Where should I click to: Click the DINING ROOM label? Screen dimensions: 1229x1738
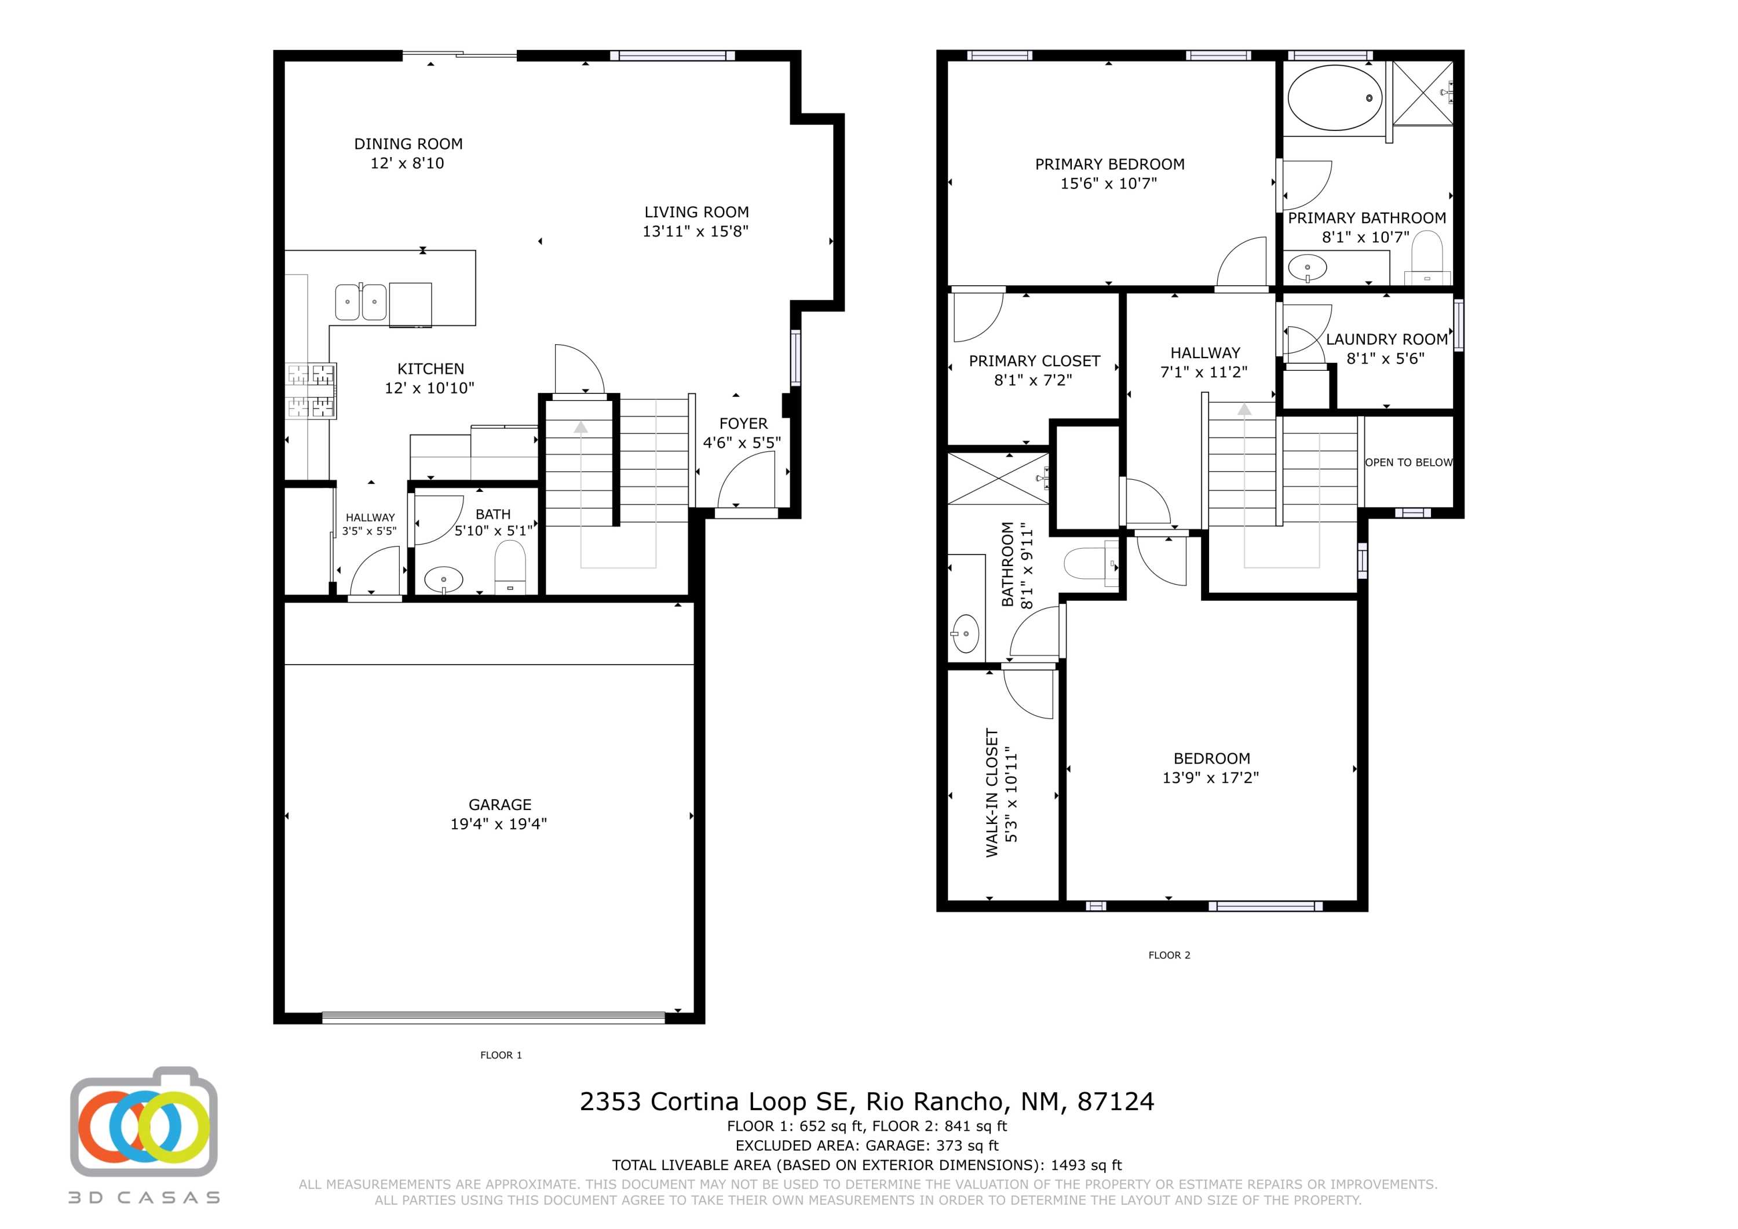click(408, 144)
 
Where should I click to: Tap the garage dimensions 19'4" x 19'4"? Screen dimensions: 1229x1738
click(498, 824)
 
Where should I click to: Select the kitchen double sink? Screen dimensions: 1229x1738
click(360, 301)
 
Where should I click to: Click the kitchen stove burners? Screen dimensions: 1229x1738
click(311, 391)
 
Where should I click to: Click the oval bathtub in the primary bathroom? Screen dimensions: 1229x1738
click(1335, 98)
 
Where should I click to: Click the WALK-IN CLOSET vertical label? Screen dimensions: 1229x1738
click(992, 793)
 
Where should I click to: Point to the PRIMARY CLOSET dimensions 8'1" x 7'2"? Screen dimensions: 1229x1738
click(1034, 380)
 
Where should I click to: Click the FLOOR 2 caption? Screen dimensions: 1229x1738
click(1169, 955)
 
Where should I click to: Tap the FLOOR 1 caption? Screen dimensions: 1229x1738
click(501, 1055)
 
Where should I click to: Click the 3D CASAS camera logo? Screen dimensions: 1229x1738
click(144, 1122)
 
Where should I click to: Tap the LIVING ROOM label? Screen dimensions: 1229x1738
click(696, 213)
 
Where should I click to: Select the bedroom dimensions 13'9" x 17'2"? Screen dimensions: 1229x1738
click(1210, 778)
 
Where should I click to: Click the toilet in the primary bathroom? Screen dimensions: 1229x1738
click(1427, 257)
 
